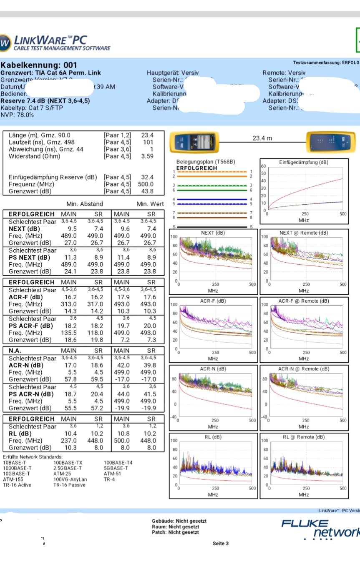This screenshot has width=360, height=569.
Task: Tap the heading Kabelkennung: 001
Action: pyautogui.click(x=39, y=65)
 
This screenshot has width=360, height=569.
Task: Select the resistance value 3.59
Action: pyautogui.click(x=148, y=156)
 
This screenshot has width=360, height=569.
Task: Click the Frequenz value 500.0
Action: pyautogui.click(x=146, y=184)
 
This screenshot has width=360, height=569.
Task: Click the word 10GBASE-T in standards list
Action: pyautogui.click(x=17, y=474)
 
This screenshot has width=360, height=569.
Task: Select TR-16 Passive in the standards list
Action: pyautogui.click(x=69, y=485)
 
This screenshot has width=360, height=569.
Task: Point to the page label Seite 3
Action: pyautogui.click(x=221, y=544)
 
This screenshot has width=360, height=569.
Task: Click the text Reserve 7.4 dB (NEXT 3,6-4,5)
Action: pyautogui.click(x=45, y=101)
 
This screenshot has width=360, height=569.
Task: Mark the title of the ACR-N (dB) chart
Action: pyautogui.click(x=213, y=369)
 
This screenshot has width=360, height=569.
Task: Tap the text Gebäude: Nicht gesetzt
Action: pyautogui.click(x=179, y=521)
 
